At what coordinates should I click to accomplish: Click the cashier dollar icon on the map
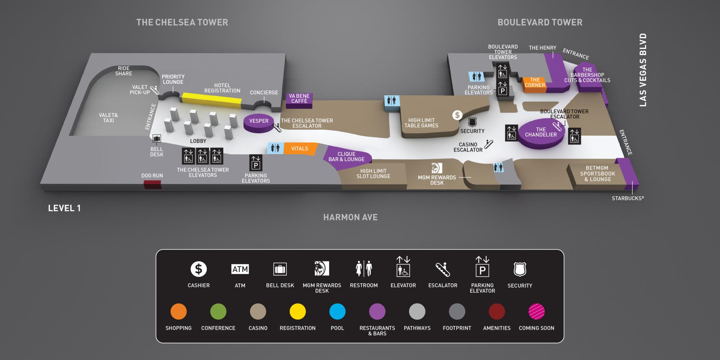[x=457, y=115]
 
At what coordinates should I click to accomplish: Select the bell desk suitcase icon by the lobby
[x=157, y=139]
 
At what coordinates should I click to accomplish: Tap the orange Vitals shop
[x=300, y=148]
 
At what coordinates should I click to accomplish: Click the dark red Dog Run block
[x=152, y=184]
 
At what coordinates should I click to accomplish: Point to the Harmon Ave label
[x=350, y=217]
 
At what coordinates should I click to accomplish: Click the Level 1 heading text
[x=64, y=208]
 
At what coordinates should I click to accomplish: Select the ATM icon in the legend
[x=240, y=269]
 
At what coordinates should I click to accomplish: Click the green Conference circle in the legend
[x=218, y=312]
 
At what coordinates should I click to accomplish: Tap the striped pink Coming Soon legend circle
[x=536, y=312]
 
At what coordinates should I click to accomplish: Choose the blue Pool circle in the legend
[x=337, y=312]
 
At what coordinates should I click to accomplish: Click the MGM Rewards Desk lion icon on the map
[x=437, y=168]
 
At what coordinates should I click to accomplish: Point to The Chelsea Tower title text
[x=182, y=22]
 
